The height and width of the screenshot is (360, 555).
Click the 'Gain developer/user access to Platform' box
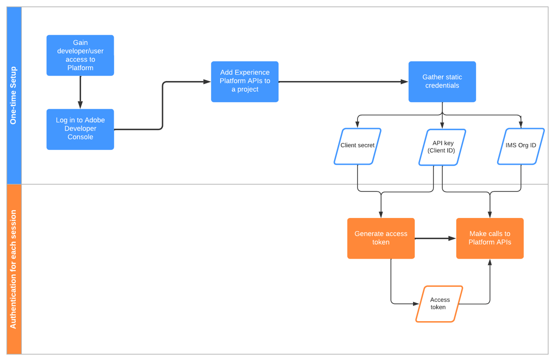pyautogui.click(x=80, y=55)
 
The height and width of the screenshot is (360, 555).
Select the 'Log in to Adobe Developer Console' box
pyautogui.click(x=80, y=129)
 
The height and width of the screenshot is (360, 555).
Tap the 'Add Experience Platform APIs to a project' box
pyautogui.click(x=245, y=81)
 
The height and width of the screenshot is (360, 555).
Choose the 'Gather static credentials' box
pyautogui.click(x=442, y=81)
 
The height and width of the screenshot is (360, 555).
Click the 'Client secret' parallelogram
pyautogui.click(x=358, y=146)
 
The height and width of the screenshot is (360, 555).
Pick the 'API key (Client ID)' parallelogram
pyautogui.click(x=442, y=147)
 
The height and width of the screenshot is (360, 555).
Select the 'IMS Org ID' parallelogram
pyautogui.click(x=521, y=146)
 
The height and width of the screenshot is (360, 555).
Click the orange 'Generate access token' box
pyautogui.click(x=381, y=238)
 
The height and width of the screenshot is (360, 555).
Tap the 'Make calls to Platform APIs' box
pyautogui.click(x=489, y=238)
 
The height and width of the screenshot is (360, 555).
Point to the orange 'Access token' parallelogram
pyautogui.click(x=439, y=304)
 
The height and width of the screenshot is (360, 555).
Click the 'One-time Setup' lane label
pyautogui.click(x=14, y=95)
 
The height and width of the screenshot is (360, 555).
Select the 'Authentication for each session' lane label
pyautogui.click(x=14, y=269)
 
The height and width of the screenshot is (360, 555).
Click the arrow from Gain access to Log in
pyautogui.click(x=80, y=92)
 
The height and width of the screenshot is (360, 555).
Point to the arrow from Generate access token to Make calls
pyautogui.click(x=435, y=238)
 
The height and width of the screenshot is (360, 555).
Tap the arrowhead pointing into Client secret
pyautogui.click(x=358, y=125)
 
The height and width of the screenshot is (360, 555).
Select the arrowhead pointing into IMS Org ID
pyautogui.click(x=521, y=125)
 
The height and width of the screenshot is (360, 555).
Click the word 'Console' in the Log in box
pyautogui.click(x=80, y=137)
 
